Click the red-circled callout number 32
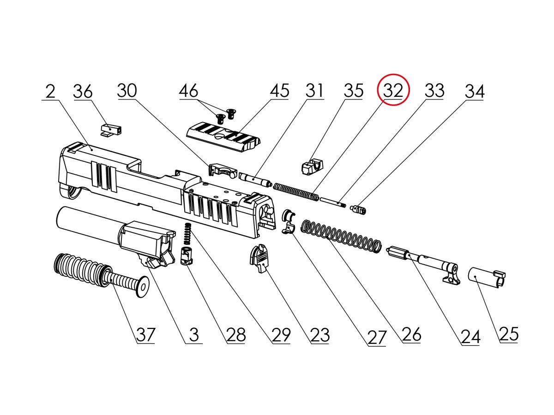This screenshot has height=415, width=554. [394, 90]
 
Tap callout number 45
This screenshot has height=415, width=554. [279, 90]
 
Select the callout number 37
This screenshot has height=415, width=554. [145, 334]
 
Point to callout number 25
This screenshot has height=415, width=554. [509, 333]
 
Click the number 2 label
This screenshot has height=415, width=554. [50, 91]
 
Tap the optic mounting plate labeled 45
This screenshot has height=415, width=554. [222, 136]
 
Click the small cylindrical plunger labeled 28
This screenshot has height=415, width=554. [186, 256]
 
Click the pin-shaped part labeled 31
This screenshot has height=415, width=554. [254, 179]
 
